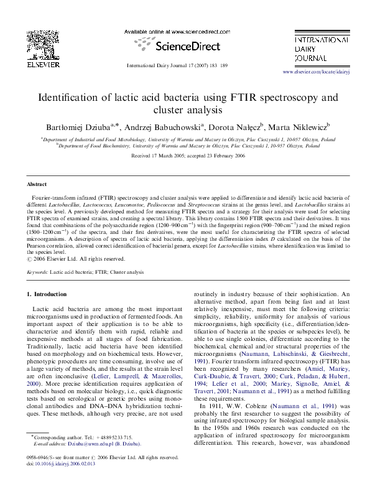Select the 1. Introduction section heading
click(x=48, y=294)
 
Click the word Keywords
click(x=37, y=273)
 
